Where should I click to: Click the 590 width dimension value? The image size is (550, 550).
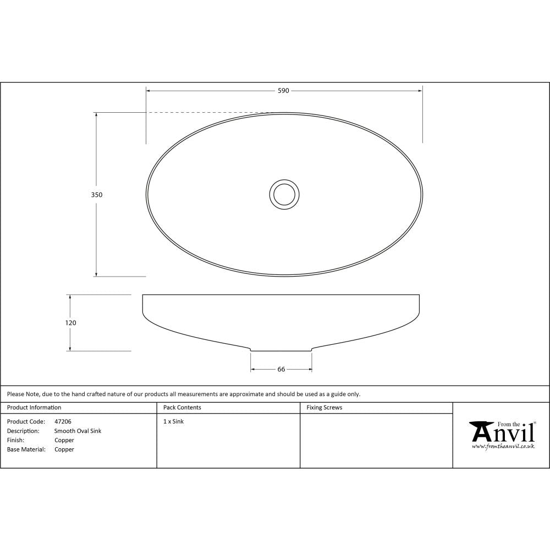tap(283, 91)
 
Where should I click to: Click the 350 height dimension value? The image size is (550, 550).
tap(97, 195)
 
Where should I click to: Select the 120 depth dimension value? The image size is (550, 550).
tap(70, 323)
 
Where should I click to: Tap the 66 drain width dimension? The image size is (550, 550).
tap(281, 370)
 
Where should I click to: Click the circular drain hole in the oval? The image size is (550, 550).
tap(284, 194)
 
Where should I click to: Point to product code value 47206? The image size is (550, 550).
tap(63, 422)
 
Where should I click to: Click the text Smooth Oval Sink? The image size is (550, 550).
tap(78, 431)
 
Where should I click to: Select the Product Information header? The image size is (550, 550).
tap(34, 408)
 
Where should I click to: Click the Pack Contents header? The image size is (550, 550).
tap(182, 408)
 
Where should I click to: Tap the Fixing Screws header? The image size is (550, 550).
tap(324, 408)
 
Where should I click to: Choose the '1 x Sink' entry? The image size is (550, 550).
tap(173, 422)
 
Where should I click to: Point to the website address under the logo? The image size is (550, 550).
tap(503, 447)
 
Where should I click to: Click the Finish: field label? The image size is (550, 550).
tap(15, 441)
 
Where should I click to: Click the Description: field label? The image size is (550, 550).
tap(23, 431)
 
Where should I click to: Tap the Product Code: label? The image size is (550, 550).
tap(26, 422)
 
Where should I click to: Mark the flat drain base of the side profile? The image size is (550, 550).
tap(281, 350)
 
